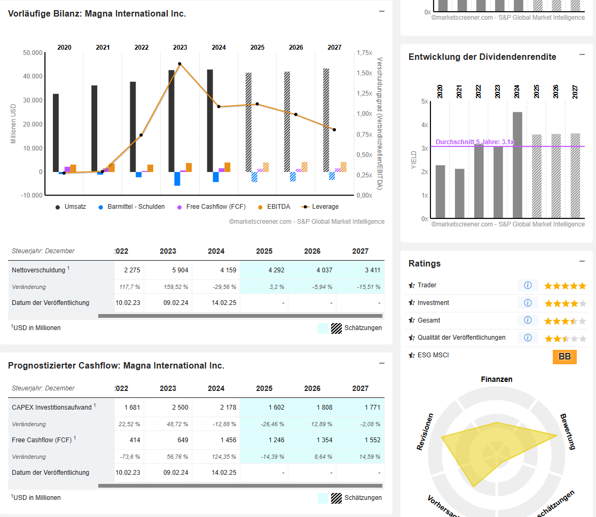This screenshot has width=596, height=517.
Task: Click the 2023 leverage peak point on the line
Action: [x=180, y=64]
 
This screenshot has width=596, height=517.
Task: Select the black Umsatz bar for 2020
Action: [x=56, y=132]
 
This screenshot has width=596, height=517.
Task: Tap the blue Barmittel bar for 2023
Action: [x=177, y=178]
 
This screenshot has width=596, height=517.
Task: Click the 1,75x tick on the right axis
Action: [x=364, y=53]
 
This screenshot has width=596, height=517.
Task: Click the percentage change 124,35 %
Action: [x=225, y=457]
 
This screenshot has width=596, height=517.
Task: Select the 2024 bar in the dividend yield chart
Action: [x=517, y=165]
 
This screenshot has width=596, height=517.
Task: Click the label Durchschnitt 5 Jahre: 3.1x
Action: [x=475, y=142]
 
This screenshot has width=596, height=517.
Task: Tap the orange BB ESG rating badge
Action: [x=564, y=357]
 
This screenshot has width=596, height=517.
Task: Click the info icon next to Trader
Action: [x=528, y=285]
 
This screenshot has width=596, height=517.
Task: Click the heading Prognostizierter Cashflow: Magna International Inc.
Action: [x=116, y=366]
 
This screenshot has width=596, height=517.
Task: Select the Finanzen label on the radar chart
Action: [x=497, y=379]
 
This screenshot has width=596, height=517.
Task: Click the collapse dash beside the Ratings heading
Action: [x=582, y=261]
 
